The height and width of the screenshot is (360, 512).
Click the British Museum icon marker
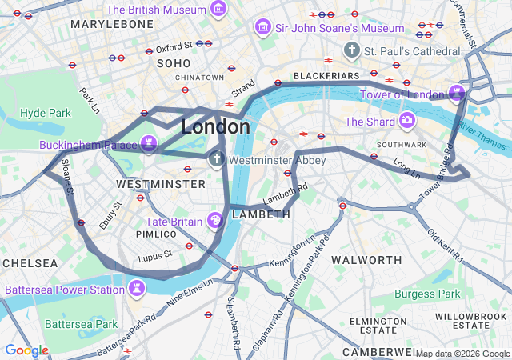[218, 10]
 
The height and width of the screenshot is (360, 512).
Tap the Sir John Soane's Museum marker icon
[262, 28]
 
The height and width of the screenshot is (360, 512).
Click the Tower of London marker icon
[456, 94]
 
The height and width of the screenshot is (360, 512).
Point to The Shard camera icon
[407, 122]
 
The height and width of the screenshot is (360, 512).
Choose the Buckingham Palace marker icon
[148, 145]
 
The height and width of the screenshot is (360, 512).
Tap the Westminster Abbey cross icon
[216, 160]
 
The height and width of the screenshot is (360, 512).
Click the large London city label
[215, 127]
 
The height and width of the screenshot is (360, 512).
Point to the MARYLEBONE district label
[111, 25]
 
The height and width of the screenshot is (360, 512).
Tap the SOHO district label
[174, 63]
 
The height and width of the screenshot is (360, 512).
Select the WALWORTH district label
[366, 260]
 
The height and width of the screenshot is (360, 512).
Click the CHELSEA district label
[30, 263]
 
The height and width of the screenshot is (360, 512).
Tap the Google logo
[26, 350]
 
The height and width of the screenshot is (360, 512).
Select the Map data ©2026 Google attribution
[462, 354]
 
